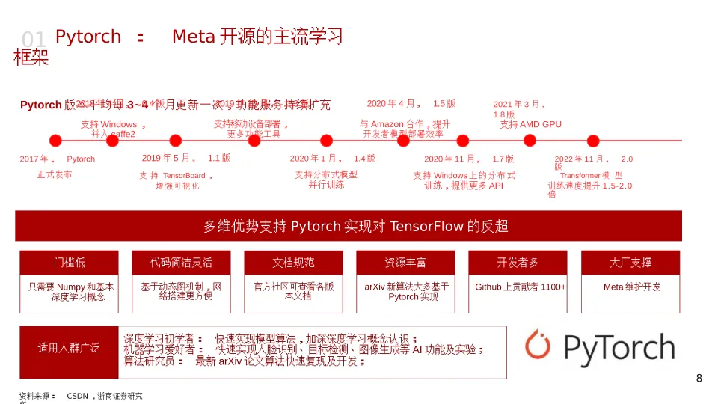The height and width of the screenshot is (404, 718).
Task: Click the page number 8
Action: tap(699, 379)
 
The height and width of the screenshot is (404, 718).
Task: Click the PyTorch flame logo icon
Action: tap(537, 345)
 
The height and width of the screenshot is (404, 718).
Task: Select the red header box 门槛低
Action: tap(69, 263)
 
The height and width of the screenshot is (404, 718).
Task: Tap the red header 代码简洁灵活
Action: tap(181, 263)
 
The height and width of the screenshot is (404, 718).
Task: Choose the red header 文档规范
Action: tap(293, 263)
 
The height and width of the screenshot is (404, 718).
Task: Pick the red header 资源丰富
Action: tap(405, 263)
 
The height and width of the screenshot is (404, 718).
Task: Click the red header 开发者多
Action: tap(518, 263)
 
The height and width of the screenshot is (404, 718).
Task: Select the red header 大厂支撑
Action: tap(630, 263)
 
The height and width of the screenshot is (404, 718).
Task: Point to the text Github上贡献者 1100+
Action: tap(521, 287)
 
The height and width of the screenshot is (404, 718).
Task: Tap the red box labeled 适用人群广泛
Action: tap(69, 349)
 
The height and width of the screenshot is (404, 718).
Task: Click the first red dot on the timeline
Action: tap(55, 140)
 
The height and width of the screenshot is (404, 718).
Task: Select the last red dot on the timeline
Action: tap(593, 140)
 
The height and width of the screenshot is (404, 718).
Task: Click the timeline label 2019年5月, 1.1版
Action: tap(186, 158)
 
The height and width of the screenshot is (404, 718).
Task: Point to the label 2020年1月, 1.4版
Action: tap(332, 159)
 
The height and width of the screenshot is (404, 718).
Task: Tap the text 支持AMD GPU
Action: tap(530, 124)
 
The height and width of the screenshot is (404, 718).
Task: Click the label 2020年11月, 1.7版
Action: tap(469, 159)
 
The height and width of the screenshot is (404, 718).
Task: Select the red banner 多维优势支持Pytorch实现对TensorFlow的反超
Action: tap(349, 226)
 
